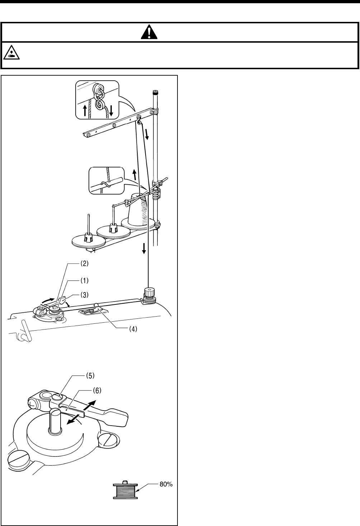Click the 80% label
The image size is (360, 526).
click(x=166, y=484)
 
